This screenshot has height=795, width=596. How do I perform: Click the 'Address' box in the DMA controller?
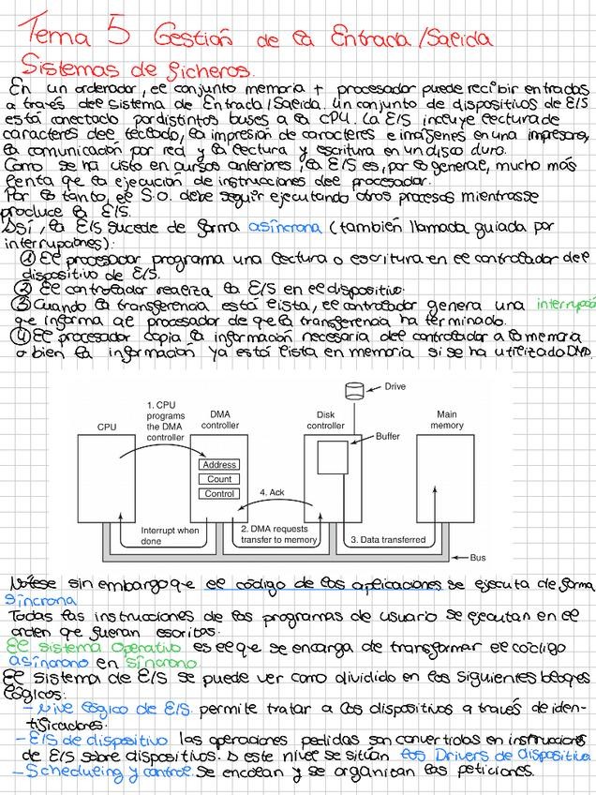tap(219, 465)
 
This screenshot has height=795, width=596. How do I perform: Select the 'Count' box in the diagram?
tap(219, 479)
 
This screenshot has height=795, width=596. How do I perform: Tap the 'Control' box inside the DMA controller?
tap(219, 493)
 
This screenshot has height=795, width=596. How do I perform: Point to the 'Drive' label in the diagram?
tap(395, 386)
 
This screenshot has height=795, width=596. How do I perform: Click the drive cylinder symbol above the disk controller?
tap(354, 389)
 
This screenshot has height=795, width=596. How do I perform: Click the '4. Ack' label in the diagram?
tap(271, 492)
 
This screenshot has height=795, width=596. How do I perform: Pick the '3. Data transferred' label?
tap(387, 539)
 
